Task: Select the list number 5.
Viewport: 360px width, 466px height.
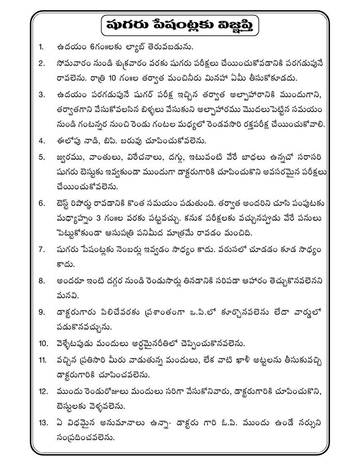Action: [42, 158]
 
